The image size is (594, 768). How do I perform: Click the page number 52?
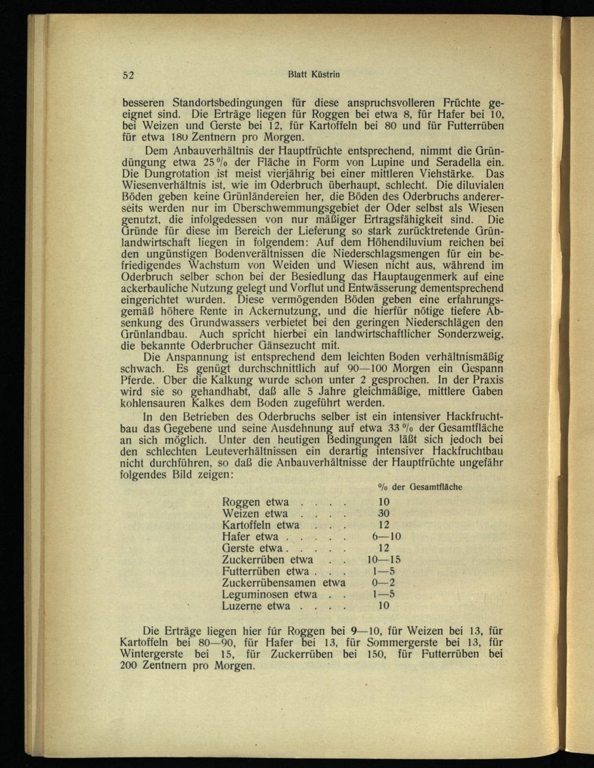(x=129, y=75)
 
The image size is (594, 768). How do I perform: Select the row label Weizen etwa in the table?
(x=255, y=513)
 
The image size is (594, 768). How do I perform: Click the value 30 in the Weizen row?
(x=384, y=513)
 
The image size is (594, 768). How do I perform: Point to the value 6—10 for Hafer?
(x=387, y=537)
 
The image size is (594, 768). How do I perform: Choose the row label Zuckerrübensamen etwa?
(x=283, y=583)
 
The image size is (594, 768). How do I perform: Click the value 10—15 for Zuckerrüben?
(x=384, y=560)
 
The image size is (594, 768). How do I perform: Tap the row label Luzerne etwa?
(x=256, y=606)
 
